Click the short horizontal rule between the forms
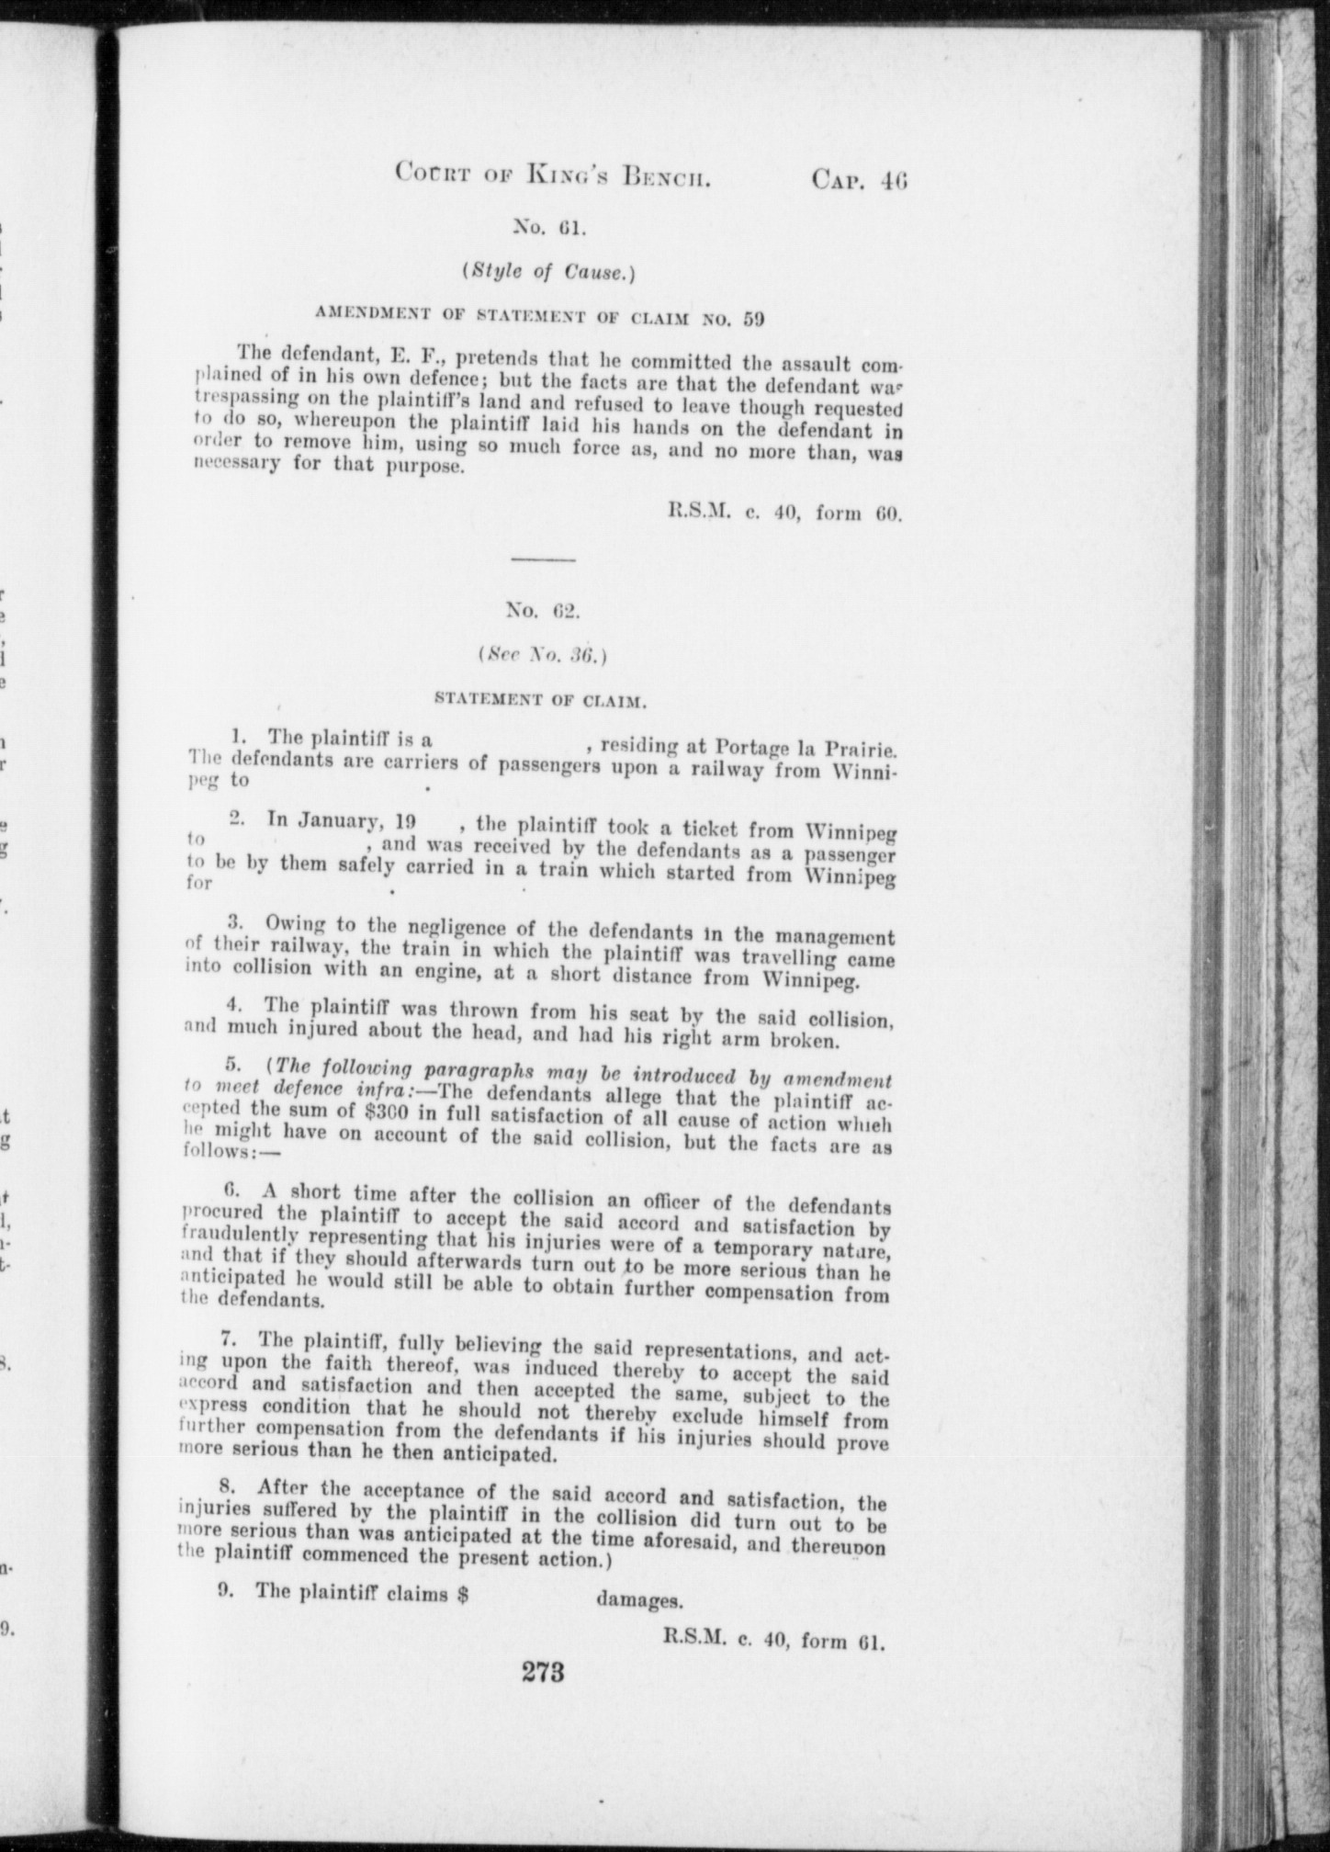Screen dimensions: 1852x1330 pyautogui.click(x=542, y=559)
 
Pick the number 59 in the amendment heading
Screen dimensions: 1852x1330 pyautogui.click(x=752, y=318)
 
